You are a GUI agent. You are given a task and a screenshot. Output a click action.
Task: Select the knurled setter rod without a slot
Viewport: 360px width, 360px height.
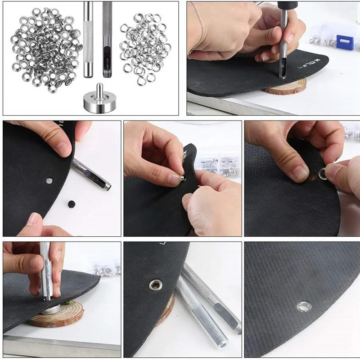point(88,38)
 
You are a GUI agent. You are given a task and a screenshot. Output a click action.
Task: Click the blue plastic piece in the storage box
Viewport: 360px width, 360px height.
point(344,42)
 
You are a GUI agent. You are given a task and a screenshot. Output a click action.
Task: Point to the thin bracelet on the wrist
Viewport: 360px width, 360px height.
point(198,27)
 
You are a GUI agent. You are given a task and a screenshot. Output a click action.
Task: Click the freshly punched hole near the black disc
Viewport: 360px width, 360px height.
point(49,180)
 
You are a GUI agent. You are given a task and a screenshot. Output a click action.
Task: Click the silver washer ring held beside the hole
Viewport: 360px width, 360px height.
point(323,172)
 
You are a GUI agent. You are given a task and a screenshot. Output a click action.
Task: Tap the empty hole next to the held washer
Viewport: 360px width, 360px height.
point(313,177)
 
